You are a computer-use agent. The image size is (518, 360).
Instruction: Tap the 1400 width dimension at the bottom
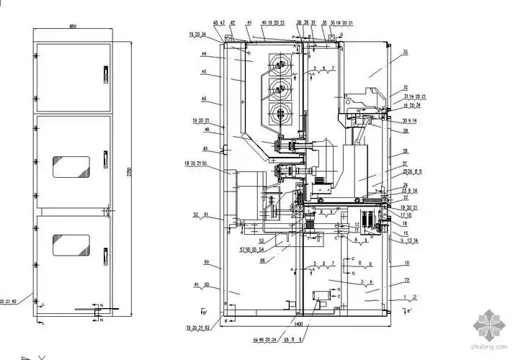pos(298,326)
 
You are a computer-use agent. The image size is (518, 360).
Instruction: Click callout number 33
pos(405,53)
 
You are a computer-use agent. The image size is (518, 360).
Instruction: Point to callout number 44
pos(205,54)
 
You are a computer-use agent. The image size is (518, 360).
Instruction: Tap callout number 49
pos(205,148)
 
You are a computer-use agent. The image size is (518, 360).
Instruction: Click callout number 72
pos(406,279)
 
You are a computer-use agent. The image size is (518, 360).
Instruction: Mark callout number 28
pos(406,151)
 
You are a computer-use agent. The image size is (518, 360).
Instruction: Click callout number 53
pos(262,240)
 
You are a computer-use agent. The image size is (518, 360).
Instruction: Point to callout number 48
pos(206,130)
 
